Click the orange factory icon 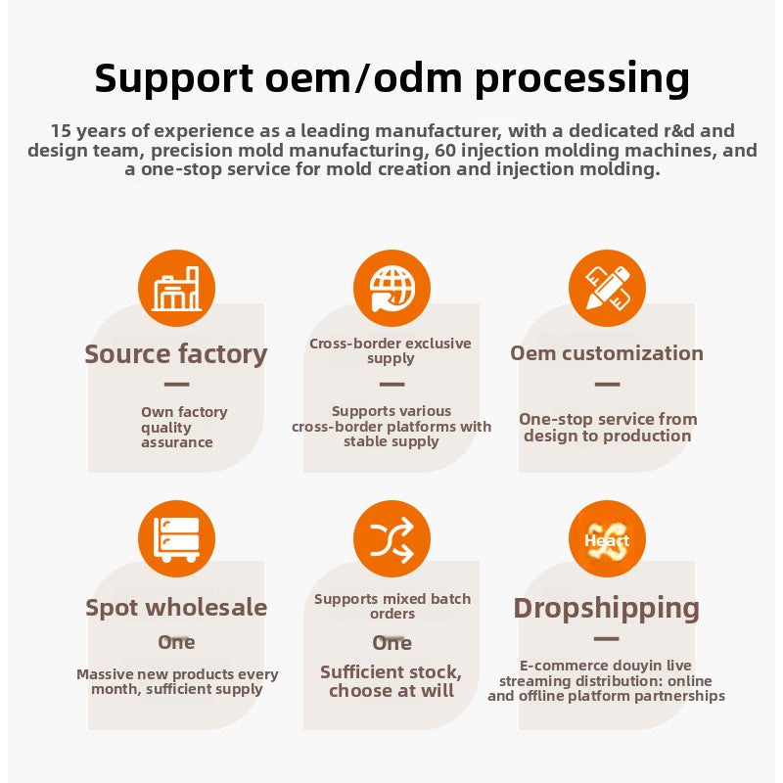(176, 288)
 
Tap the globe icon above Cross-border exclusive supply (391, 288)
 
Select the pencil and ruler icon (607, 288)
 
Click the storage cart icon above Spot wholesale (176, 539)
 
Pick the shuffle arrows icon (391, 539)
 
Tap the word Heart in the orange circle (607, 540)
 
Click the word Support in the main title (174, 79)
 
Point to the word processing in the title (582, 79)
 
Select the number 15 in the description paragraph (61, 131)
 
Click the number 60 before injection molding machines (445, 151)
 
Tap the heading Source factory (176, 354)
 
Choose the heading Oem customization (607, 353)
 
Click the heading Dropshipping (606, 609)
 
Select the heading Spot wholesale (176, 608)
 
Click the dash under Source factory (176, 384)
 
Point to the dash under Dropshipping (607, 639)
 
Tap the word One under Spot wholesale (176, 642)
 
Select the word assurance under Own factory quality (177, 442)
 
